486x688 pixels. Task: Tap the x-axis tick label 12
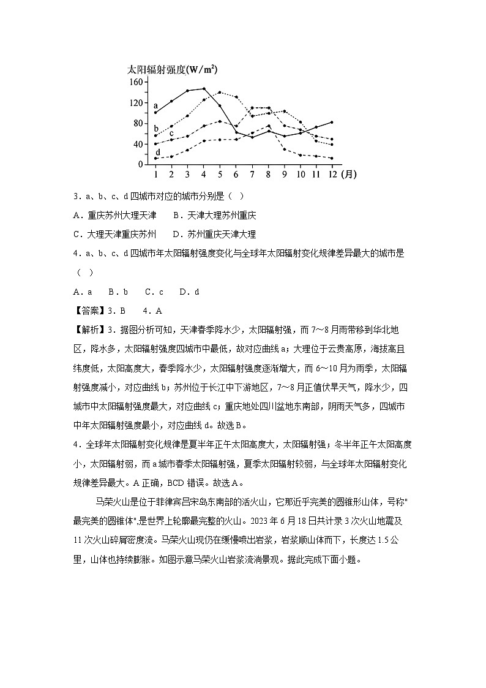point(331,174)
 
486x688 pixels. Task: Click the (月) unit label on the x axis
point(348,174)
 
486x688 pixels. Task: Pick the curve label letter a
point(156,105)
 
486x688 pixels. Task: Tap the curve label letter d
point(158,152)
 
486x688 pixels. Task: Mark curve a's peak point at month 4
point(204,88)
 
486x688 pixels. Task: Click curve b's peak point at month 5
point(220,93)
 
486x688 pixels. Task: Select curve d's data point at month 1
point(156,159)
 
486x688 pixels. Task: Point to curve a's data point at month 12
point(332,122)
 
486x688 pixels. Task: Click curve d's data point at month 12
point(332,158)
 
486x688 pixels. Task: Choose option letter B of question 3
point(176,216)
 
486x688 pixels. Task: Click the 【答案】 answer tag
point(88,311)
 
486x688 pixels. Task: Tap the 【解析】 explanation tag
point(88,330)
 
